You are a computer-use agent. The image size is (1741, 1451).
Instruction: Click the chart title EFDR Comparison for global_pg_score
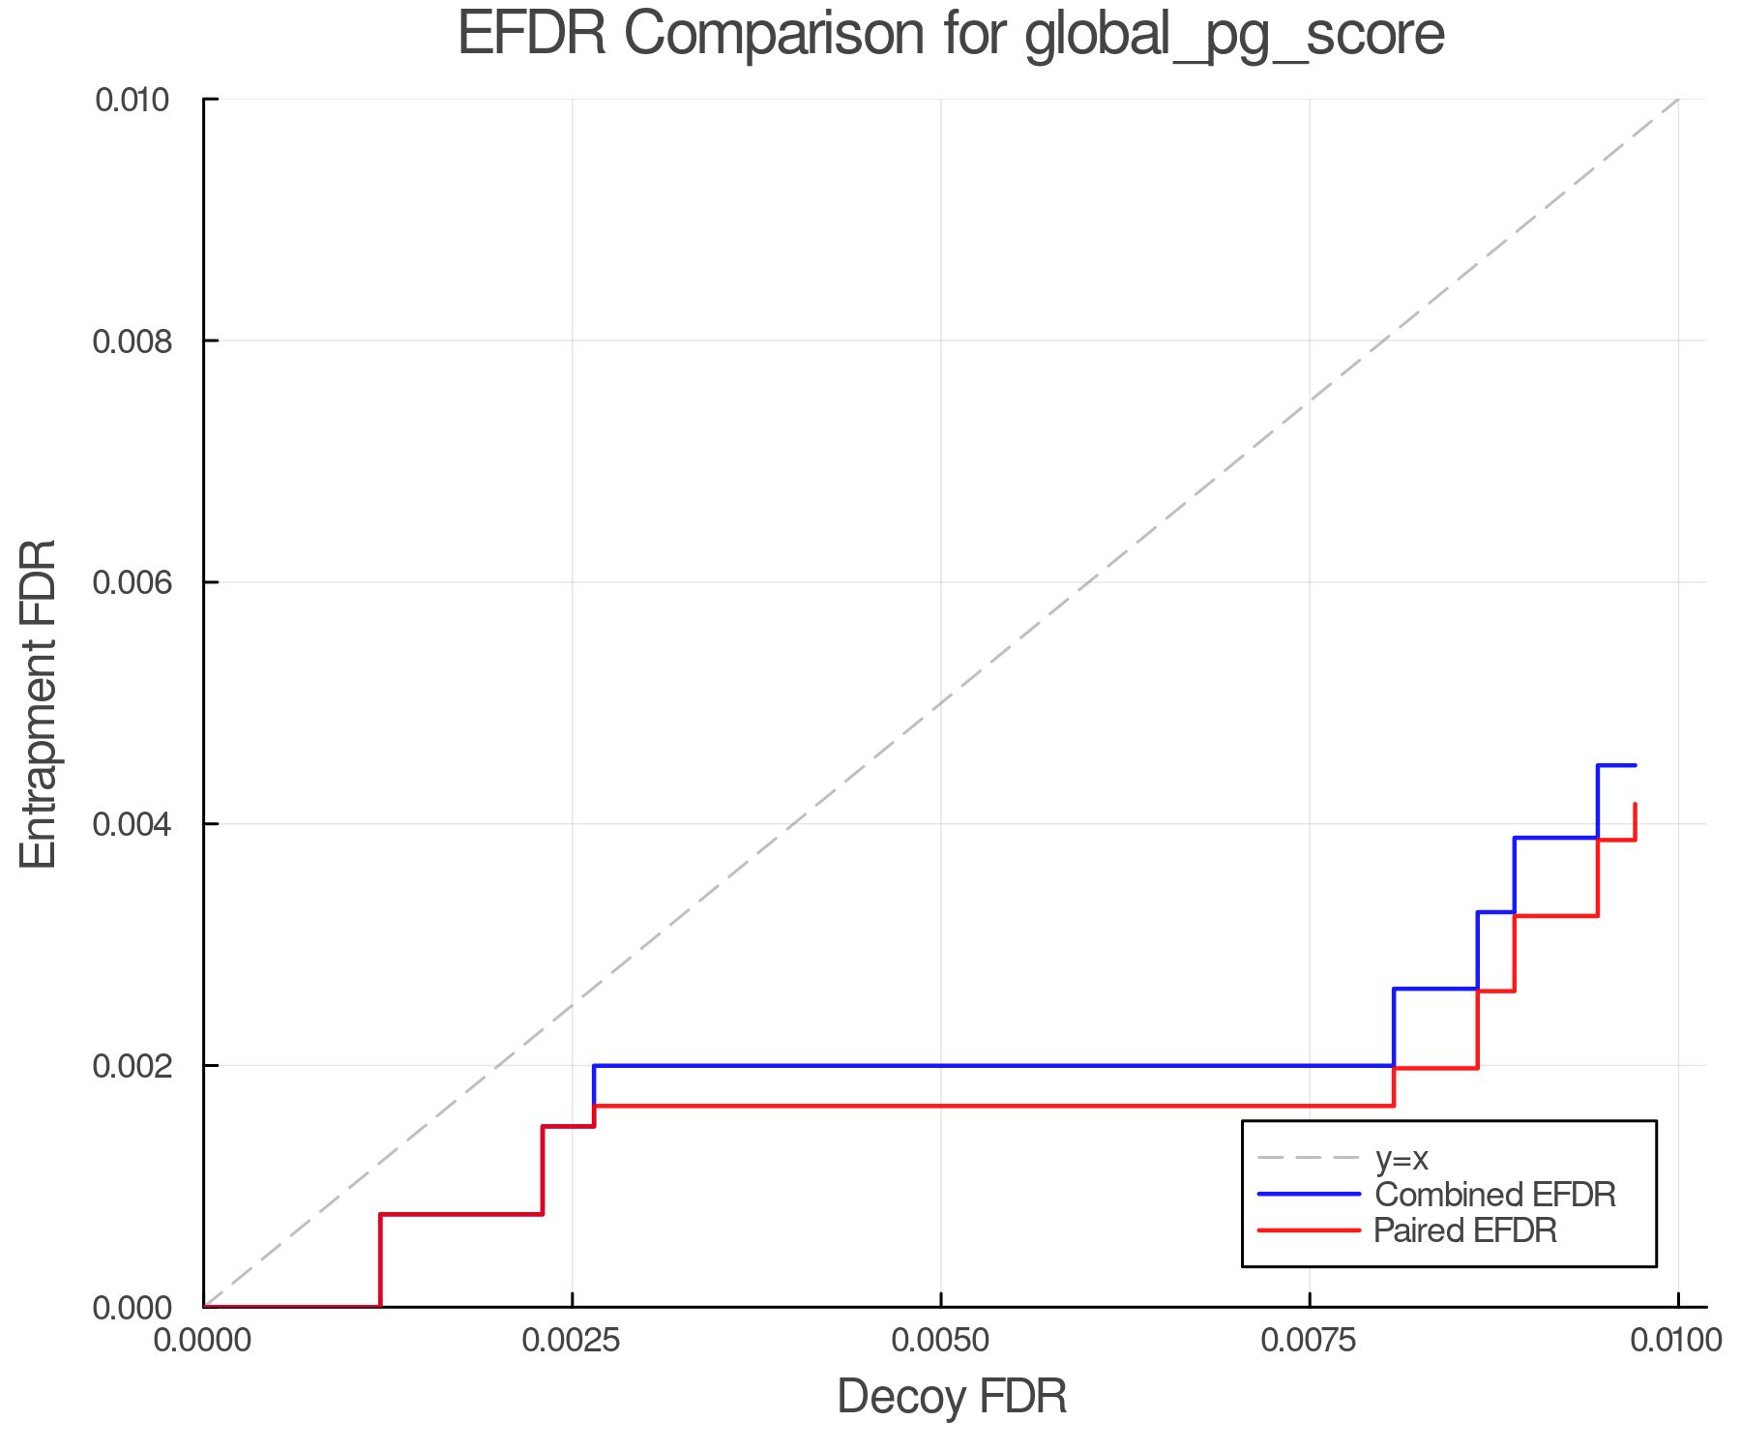pyautogui.click(x=951, y=35)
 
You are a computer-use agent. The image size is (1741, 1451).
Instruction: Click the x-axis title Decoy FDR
pyautogui.click(x=952, y=1397)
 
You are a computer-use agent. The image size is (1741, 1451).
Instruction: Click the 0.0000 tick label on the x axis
pyautogui.click(x=204, y=1341)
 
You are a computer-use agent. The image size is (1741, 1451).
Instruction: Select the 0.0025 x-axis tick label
pyautogui.click(x=572, y=1341)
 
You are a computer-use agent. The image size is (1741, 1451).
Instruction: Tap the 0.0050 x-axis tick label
pyautogui.click(x=941, y=1341)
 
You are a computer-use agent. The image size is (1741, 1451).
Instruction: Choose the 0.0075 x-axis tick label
pyautogui.click(x=1310, y=1341)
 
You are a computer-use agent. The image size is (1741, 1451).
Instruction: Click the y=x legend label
pyautogui.click(x=1402, y=1158)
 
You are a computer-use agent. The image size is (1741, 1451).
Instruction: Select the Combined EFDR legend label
pyautogui.click(x=1494, y=1195)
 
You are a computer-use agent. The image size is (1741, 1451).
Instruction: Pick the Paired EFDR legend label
pyautogui.click(x=1465, y=1230)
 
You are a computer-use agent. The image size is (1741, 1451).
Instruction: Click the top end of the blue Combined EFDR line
pyautogui.click(x=1635, y=765)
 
